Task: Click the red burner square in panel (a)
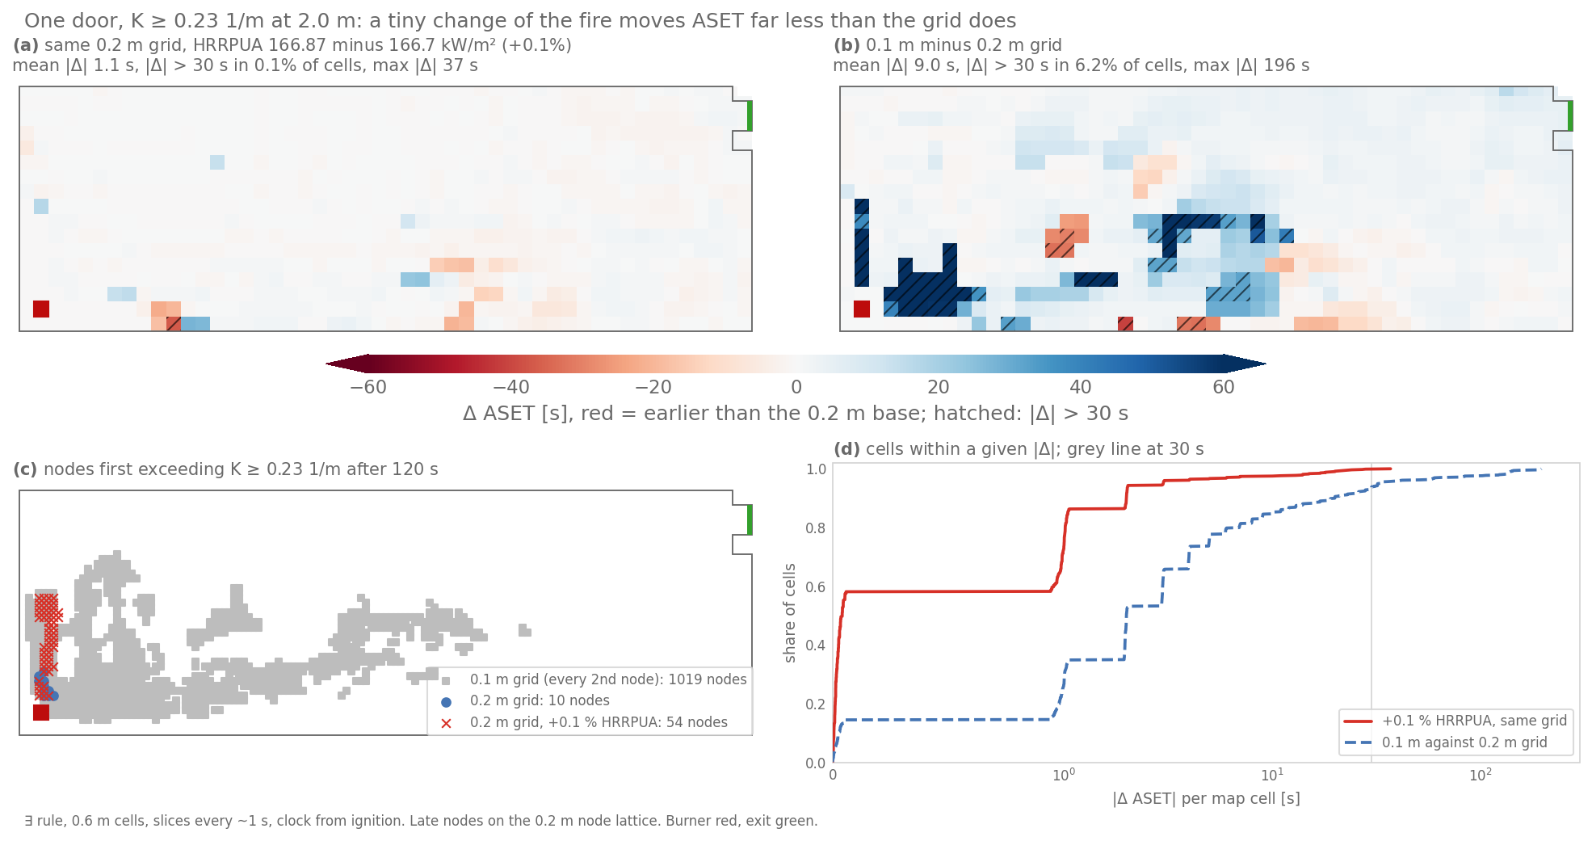[x=41, y=309]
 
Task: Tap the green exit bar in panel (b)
[x=1570, y=116]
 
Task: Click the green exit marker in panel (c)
[x=750, y=519]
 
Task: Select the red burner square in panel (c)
[x=41, y=712]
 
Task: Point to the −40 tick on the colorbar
[x=511, y=387]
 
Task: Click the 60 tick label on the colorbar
[x=1224, y=387]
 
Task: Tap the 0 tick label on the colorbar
[x=796, y=387]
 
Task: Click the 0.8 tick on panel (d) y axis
[x=816, y=528]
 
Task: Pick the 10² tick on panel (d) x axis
[x=1481, y=775]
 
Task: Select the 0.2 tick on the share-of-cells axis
[x=816, y=704]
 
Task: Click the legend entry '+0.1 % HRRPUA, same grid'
[x=1455, y=721]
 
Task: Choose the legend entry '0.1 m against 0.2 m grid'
[x=1446, y=742]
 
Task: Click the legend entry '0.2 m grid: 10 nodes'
[x=524, y=701]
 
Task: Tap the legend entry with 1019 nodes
[x=593, y=679]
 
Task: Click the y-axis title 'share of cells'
[x=790, y=613]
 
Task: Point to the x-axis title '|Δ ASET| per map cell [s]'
[x=1206, y=799]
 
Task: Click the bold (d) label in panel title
[x=846, y=449]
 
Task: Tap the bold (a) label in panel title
[x=26, y=45]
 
